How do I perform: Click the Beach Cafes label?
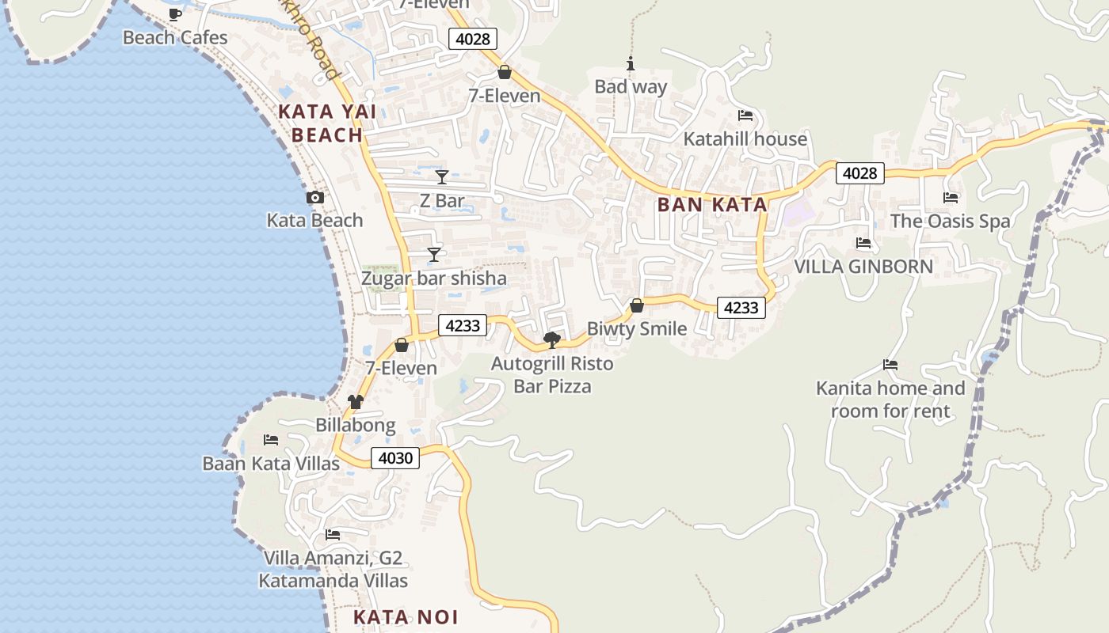click(x=175, y=37)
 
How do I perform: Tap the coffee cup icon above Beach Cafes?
click(x=175, y=14)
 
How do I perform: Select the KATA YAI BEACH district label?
click(x=327, y=123)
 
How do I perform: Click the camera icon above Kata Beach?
click(x=315, y=198)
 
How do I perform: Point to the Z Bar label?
click(x=442, y=201)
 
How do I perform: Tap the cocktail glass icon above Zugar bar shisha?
click(x=434, y=255)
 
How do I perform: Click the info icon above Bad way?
click(x=631, y=64)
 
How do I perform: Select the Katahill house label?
click(x=745, y=139)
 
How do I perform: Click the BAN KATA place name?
click(x=712, y=205)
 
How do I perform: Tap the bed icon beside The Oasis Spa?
click(x=951, y=198)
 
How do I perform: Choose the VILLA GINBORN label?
click(x=863, y=267)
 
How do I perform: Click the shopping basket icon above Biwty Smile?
click(x=637, y=305)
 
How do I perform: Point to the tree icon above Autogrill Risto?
click(x=552, y=340)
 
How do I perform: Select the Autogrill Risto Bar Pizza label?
click(x=552, y=375)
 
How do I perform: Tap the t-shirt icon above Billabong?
click(x=356, y=402)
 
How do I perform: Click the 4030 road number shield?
click(x=395, y=458)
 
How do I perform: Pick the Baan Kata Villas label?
click(x=271, y=464)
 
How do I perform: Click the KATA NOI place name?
click(x=406, y=617)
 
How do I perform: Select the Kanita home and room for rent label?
click(x=890, y=400)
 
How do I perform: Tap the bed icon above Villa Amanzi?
click(x=333, y=536)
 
